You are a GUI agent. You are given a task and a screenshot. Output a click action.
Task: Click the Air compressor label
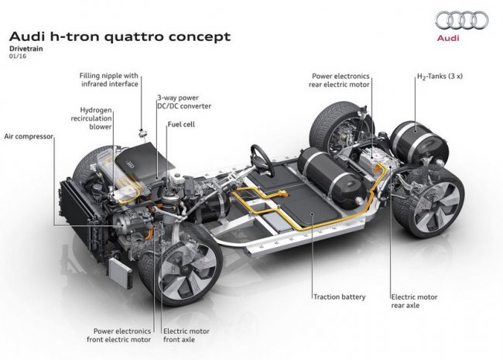click(x=27, y=135)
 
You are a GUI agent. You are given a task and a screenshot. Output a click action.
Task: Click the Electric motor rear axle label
click(x=415, y=300)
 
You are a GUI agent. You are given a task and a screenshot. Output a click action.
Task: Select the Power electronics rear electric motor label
click(x=341, y=81)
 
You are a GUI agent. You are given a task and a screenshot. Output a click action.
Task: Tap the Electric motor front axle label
click(x=186, y=334)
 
